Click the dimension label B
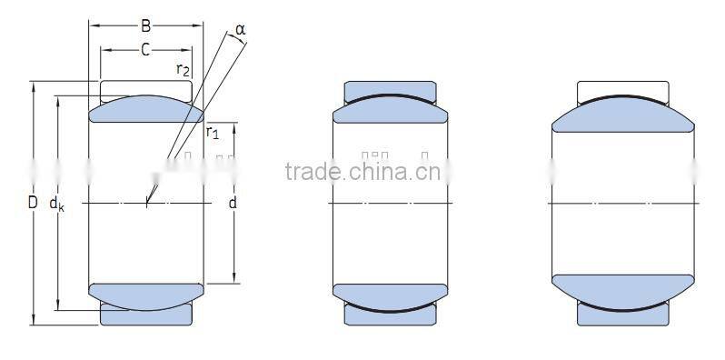(x=145, y=26)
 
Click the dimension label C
(x=145, y=50)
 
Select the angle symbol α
(x=240, y=30)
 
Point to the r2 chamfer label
(x=183, y=70)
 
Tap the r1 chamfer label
(x=213, y=134)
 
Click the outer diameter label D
(x=33, y=203)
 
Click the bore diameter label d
(x=233, y=203)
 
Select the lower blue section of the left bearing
(x=145, y=292)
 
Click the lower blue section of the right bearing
(x=623, y=289)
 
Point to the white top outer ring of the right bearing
(x=623, y=88)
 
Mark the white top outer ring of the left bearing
(x=145, y=89)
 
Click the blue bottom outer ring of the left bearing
(x=145, y=315)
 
